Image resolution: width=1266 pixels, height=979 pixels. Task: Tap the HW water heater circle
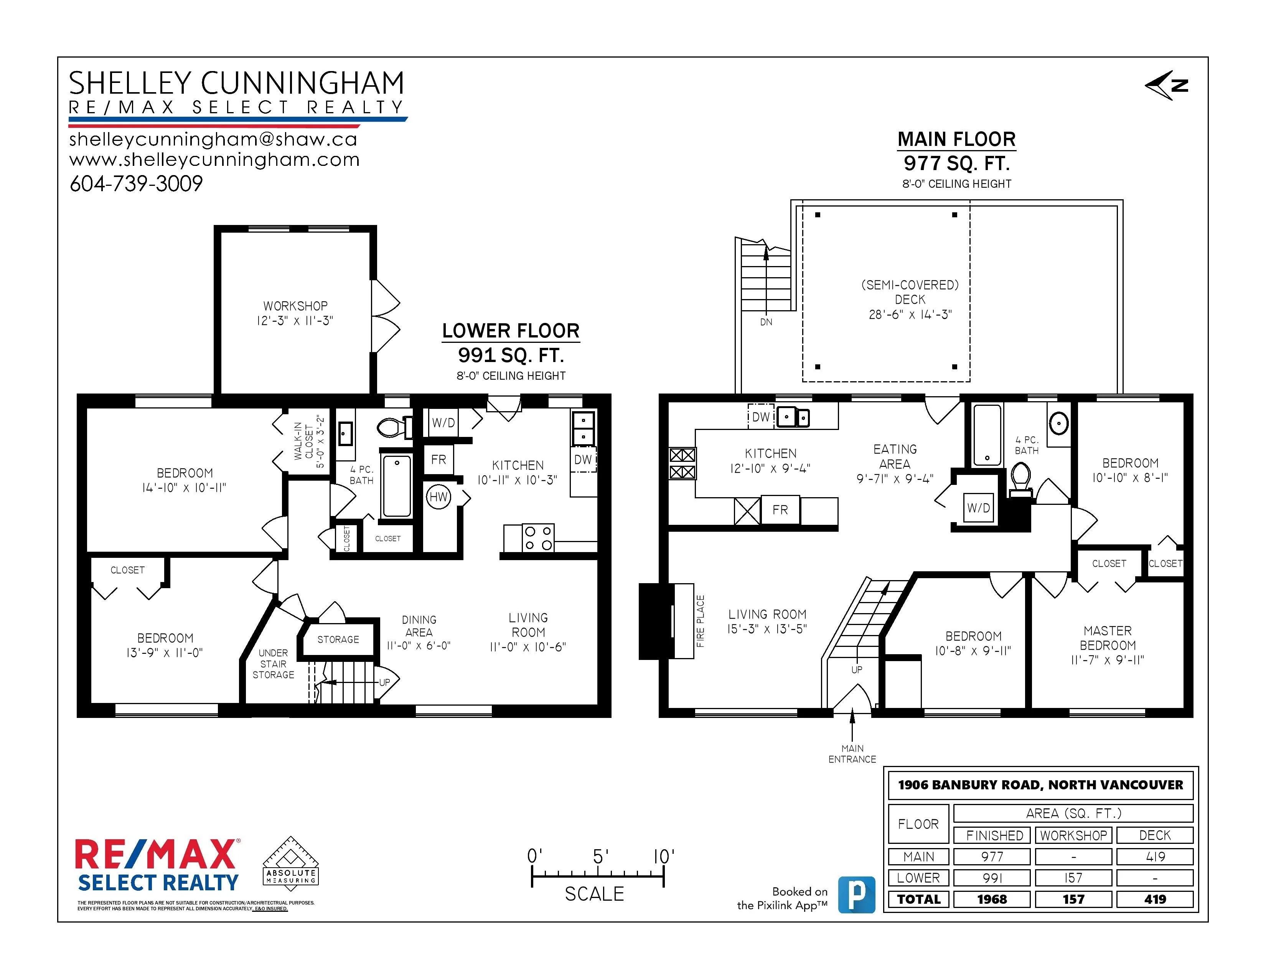[438, 496]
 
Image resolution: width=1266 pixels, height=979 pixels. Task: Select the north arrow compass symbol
[1167, 86]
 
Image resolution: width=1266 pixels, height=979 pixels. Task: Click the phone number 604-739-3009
[136, 184]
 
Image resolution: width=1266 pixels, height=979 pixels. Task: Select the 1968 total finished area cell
[992, 899]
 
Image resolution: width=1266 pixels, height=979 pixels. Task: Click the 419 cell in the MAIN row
[1155, 857]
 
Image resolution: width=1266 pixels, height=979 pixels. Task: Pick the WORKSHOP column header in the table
[1073, 835]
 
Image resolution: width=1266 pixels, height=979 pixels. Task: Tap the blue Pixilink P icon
[857, 895]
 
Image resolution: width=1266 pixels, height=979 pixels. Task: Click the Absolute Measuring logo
[290, 862]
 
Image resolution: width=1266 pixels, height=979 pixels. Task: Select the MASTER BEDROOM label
[1107, 638]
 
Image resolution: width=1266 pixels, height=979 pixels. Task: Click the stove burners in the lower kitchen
[538, 537]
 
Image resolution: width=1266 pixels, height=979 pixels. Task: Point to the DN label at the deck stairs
[766, 322]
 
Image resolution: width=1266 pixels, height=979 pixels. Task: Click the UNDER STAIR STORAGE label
[273, 663]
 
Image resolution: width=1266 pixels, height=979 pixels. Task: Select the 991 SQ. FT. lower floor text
[511, 355]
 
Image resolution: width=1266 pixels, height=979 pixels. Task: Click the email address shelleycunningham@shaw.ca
[213, 139]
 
